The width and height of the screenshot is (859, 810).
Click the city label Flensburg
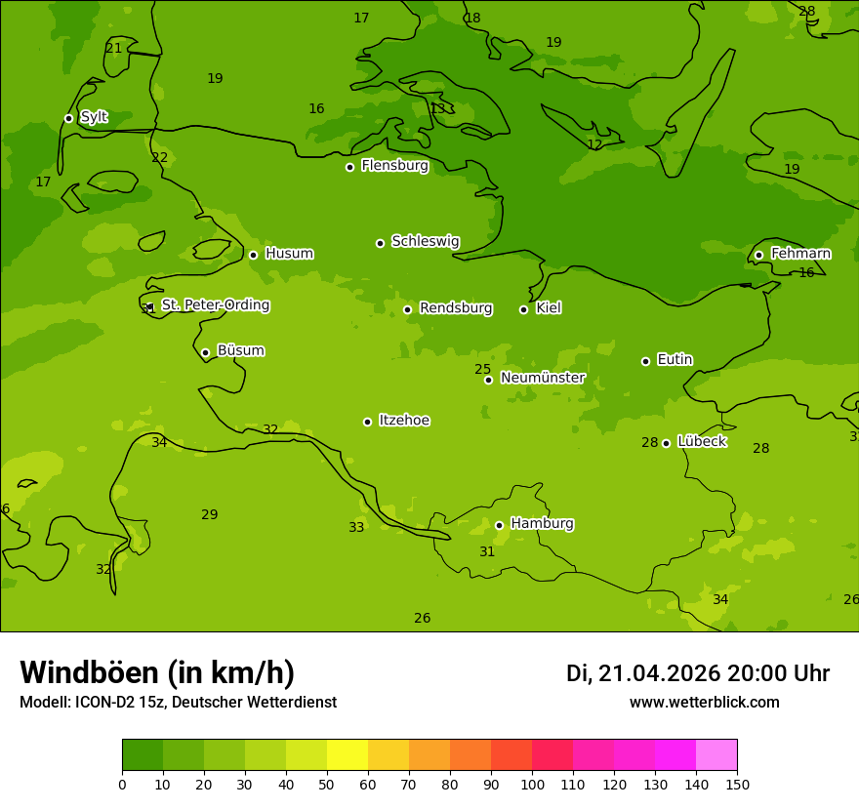pyautogui.click(x=394, y=166)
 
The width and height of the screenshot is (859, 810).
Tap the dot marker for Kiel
pyautogui.click(x=523, y=309)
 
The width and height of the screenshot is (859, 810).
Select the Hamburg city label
pyautogui.click(x=542, y=524)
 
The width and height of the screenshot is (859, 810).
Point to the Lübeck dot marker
pyautogui.click(x=666, y=443)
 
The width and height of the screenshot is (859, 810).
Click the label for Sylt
pyautogui.click(x=94, y=117)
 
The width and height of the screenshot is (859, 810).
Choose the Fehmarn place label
pyautogui.click(x=800, y=254)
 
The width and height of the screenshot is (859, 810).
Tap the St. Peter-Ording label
pyautogui.click(x=215, y=305)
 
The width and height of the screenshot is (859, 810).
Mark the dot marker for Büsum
pyautogui.click(x=205, y=352)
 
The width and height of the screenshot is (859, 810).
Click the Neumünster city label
pyautogui.click(x=543, y=378)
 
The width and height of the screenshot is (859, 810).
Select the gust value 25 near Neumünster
pyautogui.click(x=482, y=369)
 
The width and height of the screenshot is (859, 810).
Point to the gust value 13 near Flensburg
pyautogui.click(x=437, y=108)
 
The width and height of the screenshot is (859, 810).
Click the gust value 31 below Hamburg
pyautogui.click(x=487, y=551)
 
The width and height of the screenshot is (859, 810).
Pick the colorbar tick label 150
pyautogui.click(x=737, y=784)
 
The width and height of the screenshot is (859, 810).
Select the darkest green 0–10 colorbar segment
pyautogui.click(x=143, y=755)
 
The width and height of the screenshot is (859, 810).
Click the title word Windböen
pyautogui.click(x=88, y=672)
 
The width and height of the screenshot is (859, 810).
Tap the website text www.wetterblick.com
pyautogui.click(x=704, y=702)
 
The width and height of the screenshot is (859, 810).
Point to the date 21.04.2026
pyautogui.click(x=659, y=673)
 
